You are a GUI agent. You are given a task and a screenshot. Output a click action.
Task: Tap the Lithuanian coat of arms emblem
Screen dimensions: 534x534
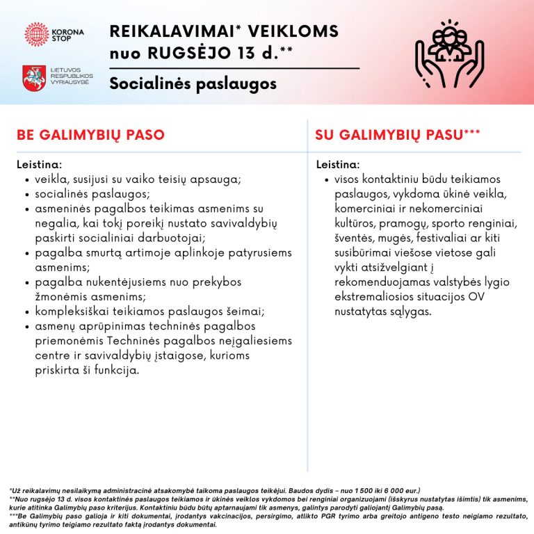click(x=34, y=78)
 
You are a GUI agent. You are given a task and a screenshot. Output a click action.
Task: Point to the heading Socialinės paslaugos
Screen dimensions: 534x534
click(x=193, y=83)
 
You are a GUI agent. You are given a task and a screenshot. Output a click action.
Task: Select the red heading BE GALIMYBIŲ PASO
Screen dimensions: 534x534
click(x=90, y=135)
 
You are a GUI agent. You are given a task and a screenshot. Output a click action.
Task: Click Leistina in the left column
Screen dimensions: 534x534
click(x=40, y=165)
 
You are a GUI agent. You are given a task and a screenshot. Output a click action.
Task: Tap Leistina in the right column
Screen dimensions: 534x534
click(x=339, y=165)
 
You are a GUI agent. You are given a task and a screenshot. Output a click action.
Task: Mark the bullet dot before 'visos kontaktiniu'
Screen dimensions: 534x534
click(x=326, y=180)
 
